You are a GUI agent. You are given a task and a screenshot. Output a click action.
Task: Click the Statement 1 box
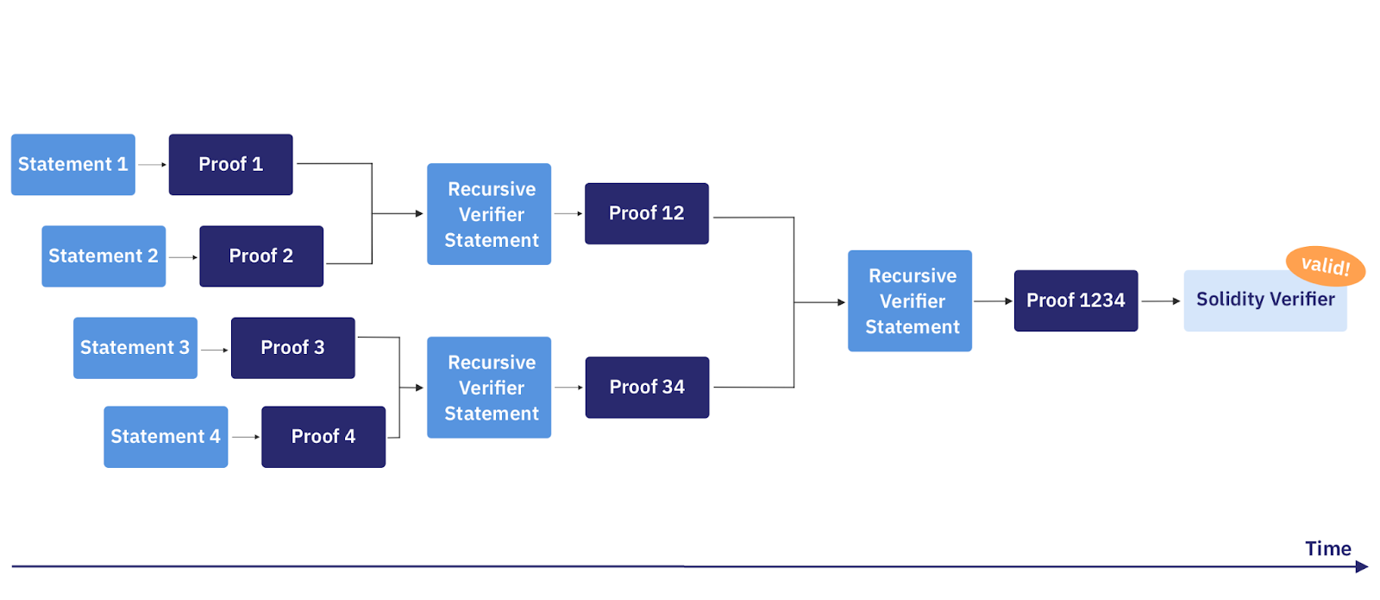(73, 164)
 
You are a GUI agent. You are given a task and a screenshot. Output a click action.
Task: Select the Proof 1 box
(230, 164)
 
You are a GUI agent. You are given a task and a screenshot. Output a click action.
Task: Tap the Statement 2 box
(103, 256)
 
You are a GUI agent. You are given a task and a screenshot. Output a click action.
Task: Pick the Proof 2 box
(261, 256)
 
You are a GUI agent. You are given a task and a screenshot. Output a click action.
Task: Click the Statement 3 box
(135, 347)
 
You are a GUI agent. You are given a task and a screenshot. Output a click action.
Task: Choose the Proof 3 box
(293, 347)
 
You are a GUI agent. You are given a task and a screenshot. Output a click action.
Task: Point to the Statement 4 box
(166, 436)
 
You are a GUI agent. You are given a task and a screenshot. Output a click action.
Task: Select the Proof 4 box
(323, 436)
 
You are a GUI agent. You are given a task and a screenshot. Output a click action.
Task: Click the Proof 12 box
(647, 213)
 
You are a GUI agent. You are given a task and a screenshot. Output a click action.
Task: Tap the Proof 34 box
(647, 387)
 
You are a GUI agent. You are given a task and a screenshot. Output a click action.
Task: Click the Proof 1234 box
(1076, 300)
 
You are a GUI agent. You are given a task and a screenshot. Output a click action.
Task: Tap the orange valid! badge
(1326, 265)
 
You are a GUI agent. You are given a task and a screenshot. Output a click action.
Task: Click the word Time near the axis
(1327, 548)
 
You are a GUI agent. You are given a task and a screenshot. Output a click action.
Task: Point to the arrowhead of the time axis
(1361, 566)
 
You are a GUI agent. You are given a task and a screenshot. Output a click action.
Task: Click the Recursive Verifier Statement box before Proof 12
(489, 214)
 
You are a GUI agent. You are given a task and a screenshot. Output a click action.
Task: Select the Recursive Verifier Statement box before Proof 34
(489, 388)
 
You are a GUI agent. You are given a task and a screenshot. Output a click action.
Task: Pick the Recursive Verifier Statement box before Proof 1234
(910, 300)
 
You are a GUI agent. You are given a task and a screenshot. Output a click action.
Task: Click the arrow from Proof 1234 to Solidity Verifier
(1160, 301)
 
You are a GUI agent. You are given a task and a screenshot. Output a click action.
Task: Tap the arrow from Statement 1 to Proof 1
(152, 164)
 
